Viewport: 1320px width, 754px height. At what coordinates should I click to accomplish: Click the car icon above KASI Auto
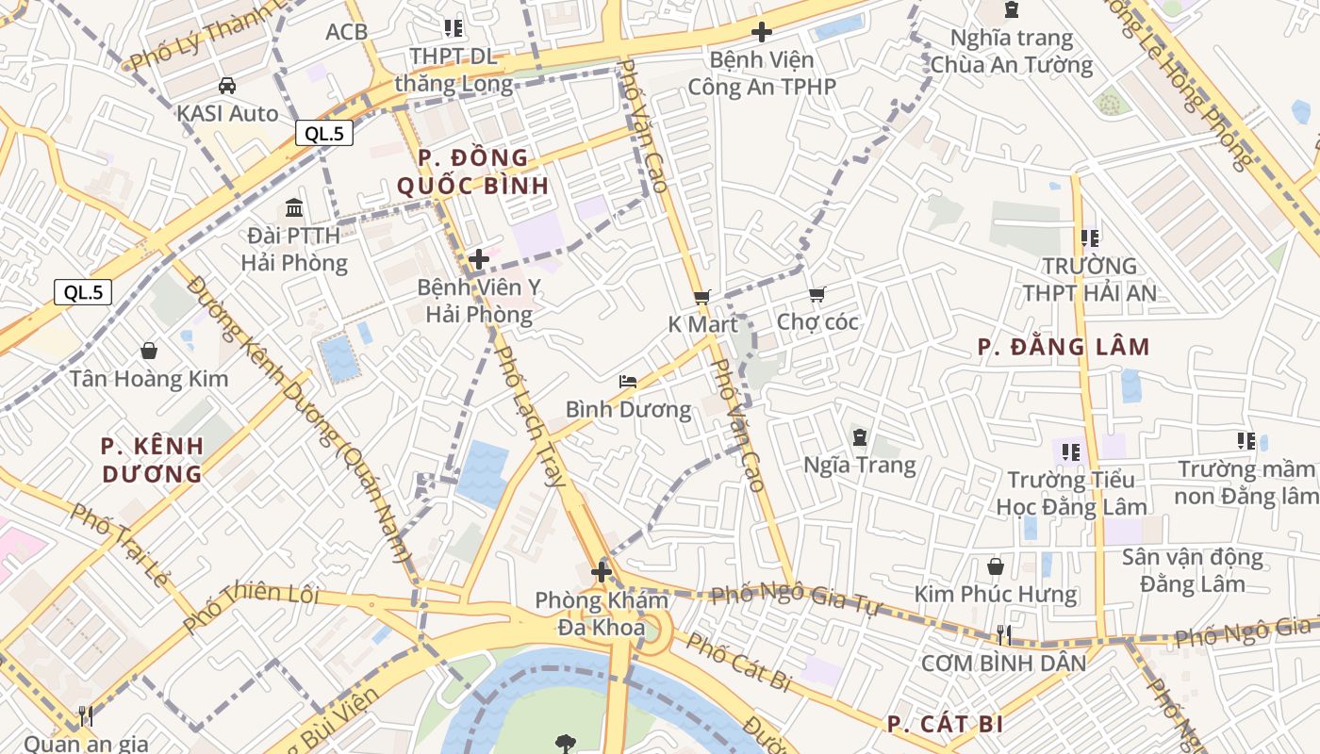[x=226, y=86]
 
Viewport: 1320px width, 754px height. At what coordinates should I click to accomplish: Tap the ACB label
[x=346, y=32]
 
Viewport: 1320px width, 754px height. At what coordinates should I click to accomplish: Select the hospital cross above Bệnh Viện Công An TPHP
[x=761, y=32]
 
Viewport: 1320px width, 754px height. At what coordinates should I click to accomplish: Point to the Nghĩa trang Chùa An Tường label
[x=1011, y=52]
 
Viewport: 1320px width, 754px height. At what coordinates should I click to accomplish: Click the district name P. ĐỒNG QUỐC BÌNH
[x=472, y=172]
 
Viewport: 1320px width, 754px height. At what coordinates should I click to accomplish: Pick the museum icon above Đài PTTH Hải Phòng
[x=293, y=207]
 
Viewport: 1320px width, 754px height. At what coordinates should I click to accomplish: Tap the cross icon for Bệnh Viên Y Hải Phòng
[x=479, y=259]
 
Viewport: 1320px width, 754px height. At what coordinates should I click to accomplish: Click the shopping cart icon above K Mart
[x=701, y=297]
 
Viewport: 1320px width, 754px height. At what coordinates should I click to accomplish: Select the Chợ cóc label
[x=817, y=322]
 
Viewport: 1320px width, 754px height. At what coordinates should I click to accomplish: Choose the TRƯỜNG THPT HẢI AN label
[x=1089, y=279]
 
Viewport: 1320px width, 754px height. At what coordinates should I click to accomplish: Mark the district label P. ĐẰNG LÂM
[x=1064, y=347]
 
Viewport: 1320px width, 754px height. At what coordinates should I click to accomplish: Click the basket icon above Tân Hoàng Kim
[x=149, y=352]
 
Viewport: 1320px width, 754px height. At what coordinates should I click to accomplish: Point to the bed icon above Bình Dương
[x=628, y=382]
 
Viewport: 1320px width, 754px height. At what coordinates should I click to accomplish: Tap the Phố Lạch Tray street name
[x=530, y=415]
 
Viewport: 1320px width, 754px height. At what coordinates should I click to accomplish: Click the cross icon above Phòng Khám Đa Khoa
[x=602, y=572]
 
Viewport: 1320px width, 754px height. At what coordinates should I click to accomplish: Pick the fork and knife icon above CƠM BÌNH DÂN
[x=1003, y=634]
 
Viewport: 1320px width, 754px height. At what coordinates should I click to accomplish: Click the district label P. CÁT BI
[x=945, y=724]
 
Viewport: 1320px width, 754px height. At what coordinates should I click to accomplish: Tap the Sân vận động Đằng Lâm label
[x=1192, y=570]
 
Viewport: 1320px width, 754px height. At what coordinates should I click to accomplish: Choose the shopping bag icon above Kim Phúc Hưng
[x=995, y=566]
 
